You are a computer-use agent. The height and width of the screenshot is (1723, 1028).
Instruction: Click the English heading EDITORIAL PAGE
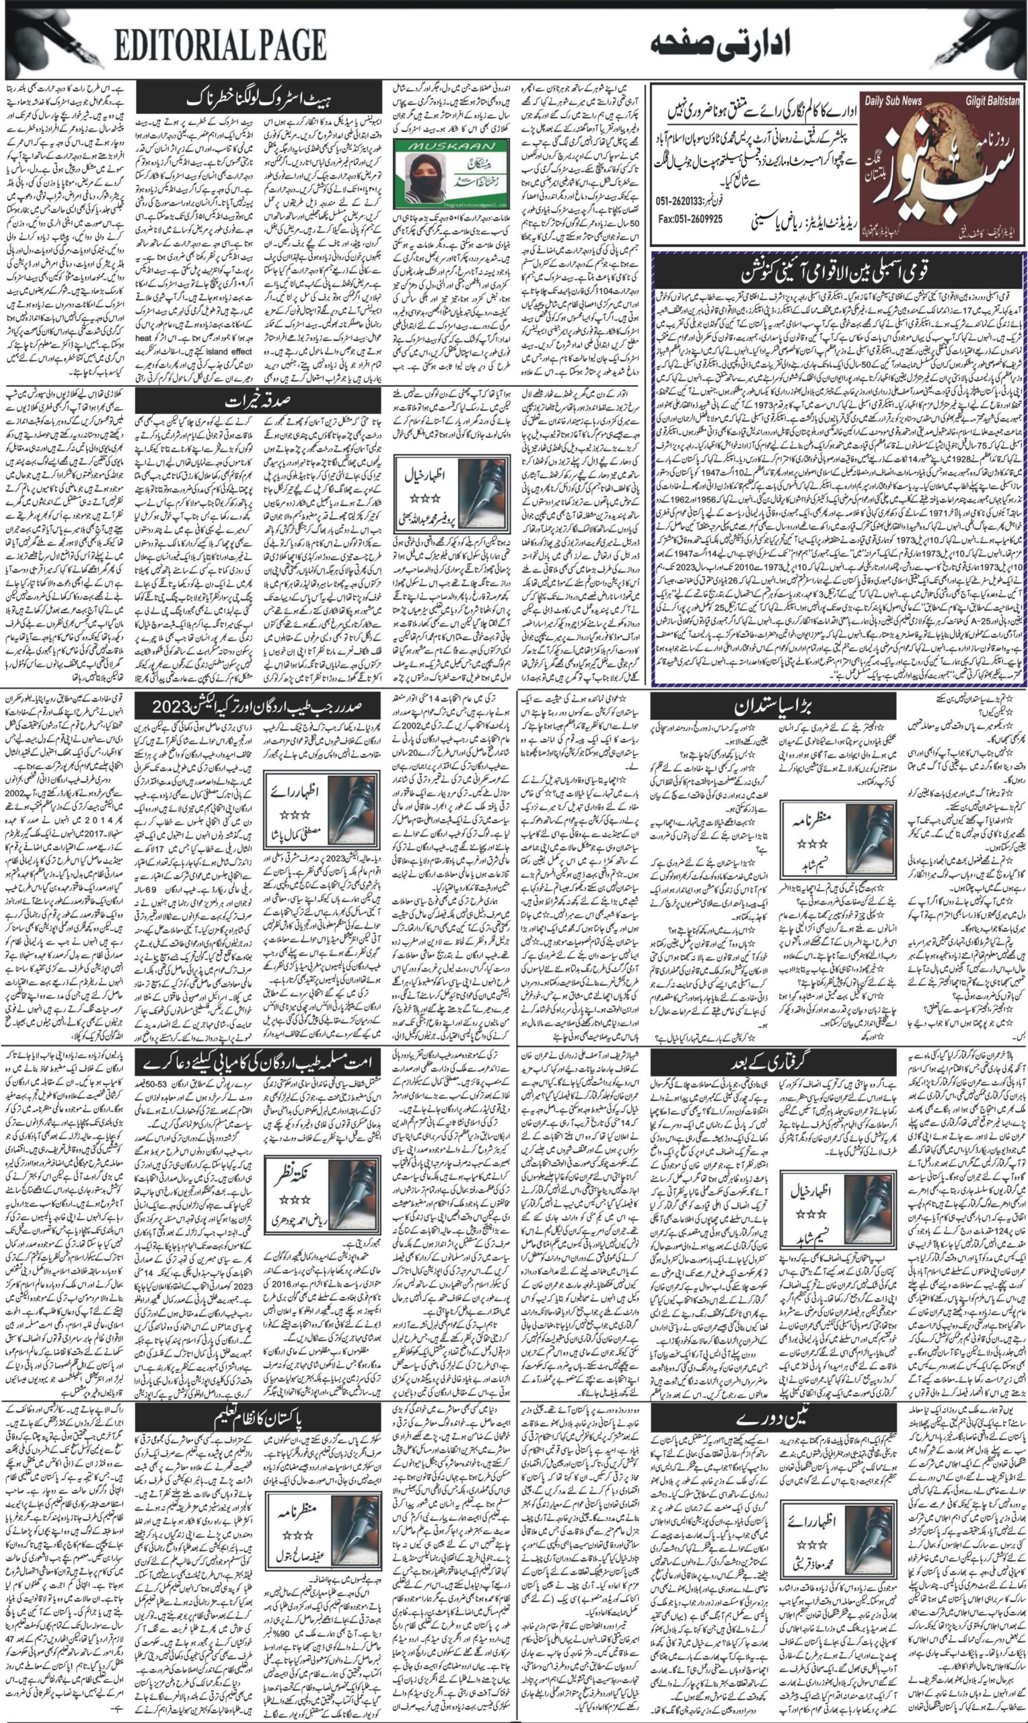pos(220,46)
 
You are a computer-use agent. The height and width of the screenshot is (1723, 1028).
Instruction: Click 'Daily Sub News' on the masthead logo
pos(893,100)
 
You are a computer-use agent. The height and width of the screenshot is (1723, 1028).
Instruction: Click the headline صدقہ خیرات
pos(259,402)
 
